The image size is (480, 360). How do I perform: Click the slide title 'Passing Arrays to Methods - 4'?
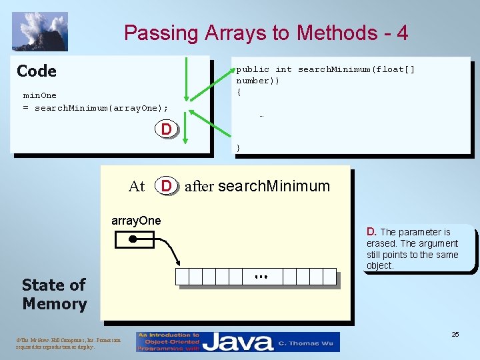click(266, 33)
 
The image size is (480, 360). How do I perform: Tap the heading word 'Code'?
click(37, 71)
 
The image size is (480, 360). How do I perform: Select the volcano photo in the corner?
click(40, 31)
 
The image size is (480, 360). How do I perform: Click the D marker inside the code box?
click(167, 128)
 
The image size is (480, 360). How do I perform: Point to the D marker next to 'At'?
click(167, 186)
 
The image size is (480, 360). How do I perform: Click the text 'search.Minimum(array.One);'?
click(101, 108)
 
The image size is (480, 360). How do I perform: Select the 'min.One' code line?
click(40, 95)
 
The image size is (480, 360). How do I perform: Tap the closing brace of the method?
click(238, 147)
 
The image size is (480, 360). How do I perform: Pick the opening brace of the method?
click(238, 92)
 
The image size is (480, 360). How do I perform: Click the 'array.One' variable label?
click(136, 221)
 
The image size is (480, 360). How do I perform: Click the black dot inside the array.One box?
click(133, 239)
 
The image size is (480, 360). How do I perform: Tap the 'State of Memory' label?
click(54, 294)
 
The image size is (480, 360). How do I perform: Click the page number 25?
click(455, 334)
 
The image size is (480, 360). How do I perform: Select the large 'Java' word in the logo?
click(238, 343)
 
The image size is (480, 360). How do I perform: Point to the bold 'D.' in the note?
click(372, 232)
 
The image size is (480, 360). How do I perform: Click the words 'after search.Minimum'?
click(257, 186)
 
